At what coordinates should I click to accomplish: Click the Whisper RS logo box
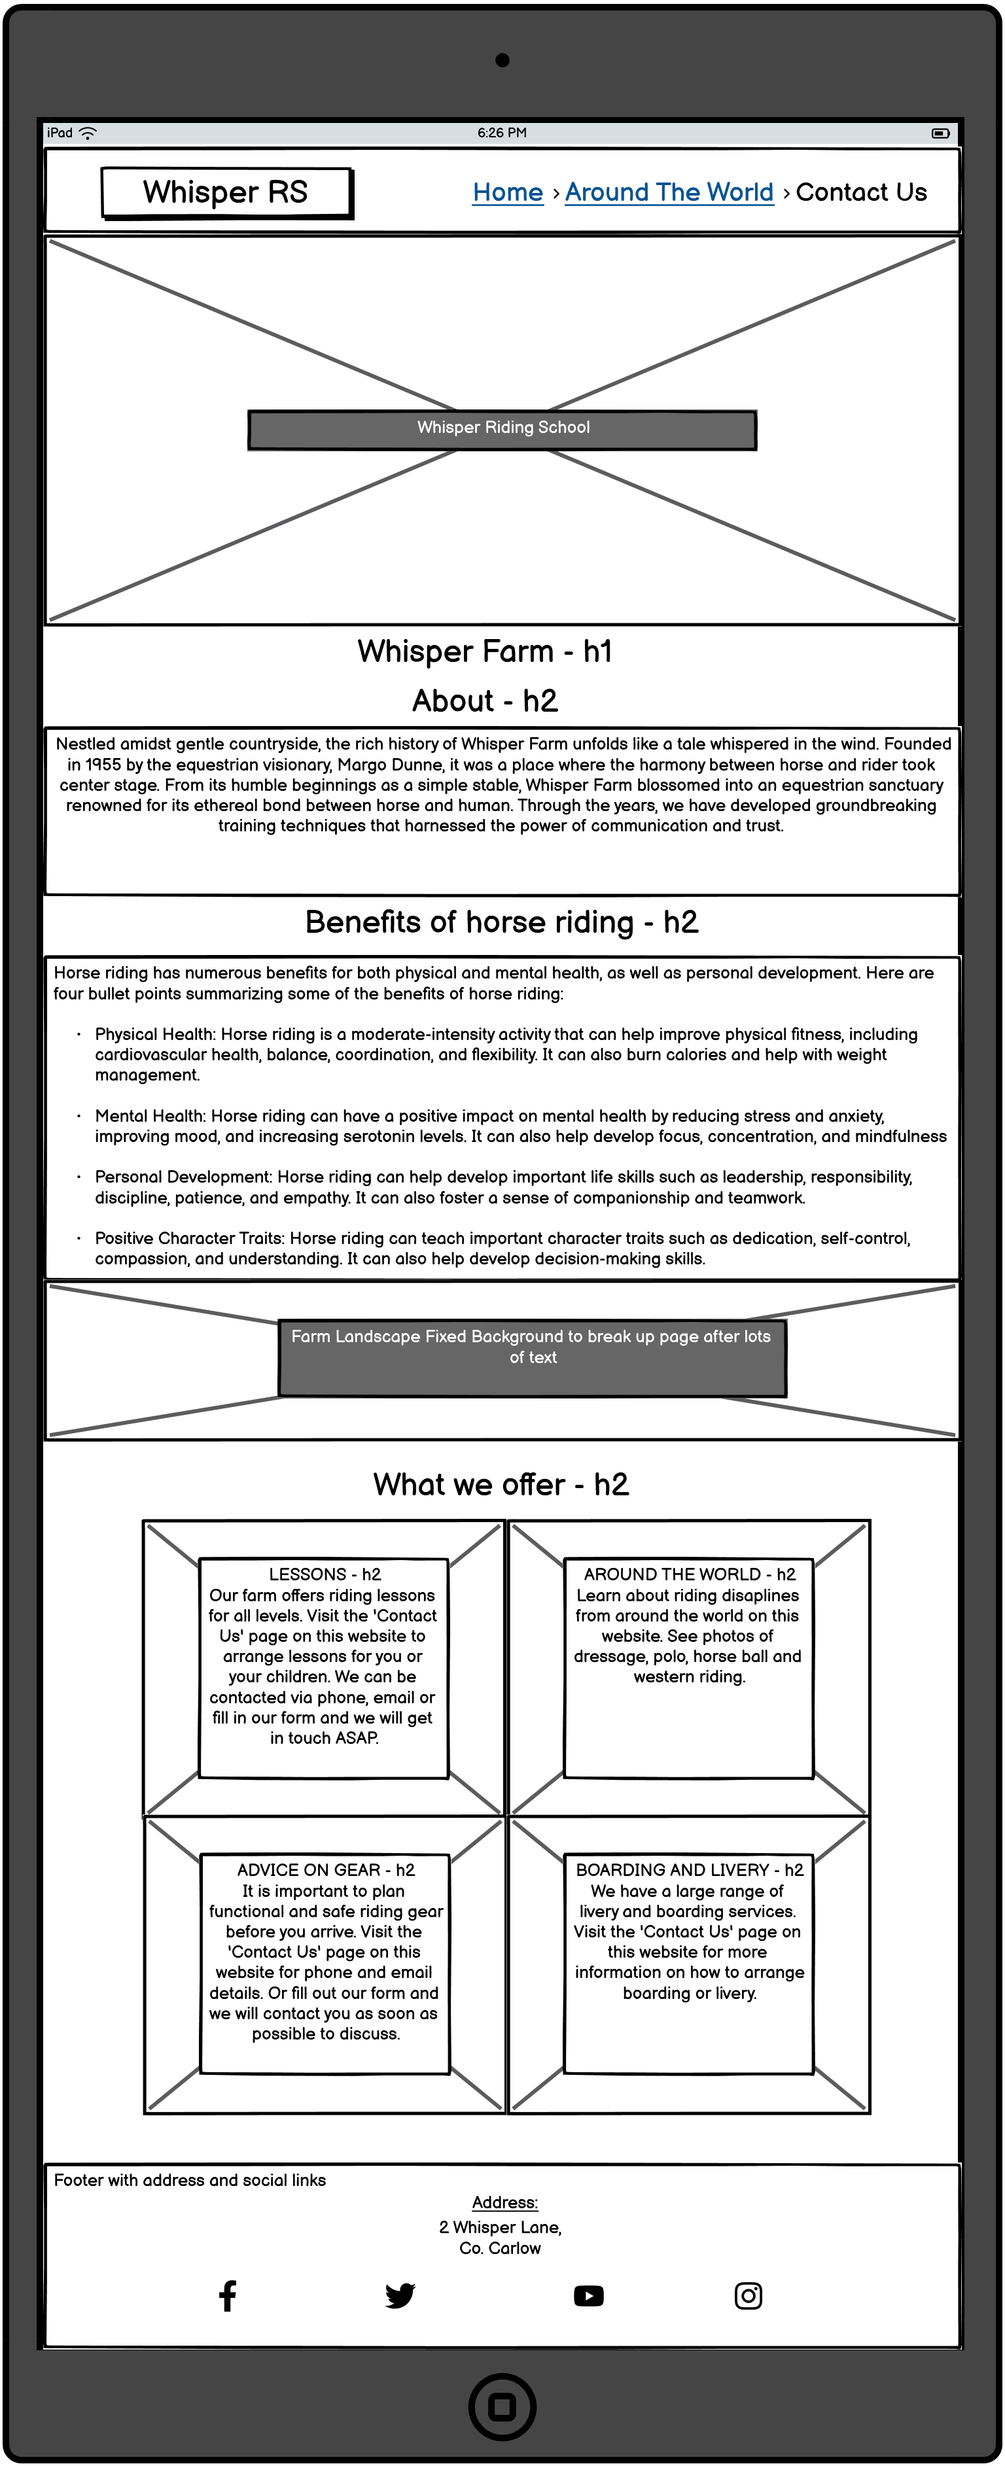tap(226, 192)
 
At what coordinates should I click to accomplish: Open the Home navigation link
tap(507, 192)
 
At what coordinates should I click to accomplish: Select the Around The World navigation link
tap(669, 192)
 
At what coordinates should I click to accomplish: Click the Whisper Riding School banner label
tap(502, 428)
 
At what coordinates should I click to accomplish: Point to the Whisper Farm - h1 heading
tap(484, 652)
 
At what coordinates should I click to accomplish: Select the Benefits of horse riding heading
tap(502, 922)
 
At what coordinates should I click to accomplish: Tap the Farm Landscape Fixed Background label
tap(531, 1347)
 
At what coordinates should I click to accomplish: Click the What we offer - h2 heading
tap(501, 1485)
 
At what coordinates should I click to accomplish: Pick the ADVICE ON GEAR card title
tap(325, 1869)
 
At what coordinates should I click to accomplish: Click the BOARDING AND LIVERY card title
tap(689, 1869)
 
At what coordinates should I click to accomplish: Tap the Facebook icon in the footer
tap(228, 2295)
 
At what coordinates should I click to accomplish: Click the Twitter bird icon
tap(400, 2295)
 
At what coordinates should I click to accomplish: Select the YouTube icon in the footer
tap(589, 2295)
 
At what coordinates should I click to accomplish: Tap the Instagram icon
tap(749, 2295)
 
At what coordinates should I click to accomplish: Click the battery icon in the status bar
tap(940, 133)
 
